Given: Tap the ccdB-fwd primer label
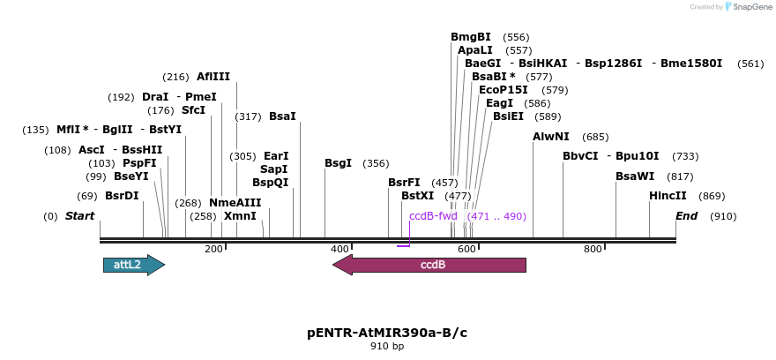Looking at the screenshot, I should coord(433,216).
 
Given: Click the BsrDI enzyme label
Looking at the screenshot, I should coord(122,196).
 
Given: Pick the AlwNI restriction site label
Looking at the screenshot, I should coord(551,137).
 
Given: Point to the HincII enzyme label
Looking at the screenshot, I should coord(668,196).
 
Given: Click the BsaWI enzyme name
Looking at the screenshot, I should coord(635,176).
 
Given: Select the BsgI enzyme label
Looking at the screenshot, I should coord(338,163).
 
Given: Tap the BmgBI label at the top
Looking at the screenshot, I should coord(471,37).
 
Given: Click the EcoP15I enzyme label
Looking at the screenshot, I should coord(504,90).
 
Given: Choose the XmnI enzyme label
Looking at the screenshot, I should coord(240,216).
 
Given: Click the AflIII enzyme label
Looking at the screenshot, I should coord(213,77).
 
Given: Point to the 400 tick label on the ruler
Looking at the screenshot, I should coord(340,250).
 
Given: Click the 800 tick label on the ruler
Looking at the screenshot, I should coord(593,250).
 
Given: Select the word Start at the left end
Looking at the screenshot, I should coord(79,216).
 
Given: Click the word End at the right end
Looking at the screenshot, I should coord(687,216).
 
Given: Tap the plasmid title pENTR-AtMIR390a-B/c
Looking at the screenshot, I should coord(387,333).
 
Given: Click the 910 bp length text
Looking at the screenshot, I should coord(387,347).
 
